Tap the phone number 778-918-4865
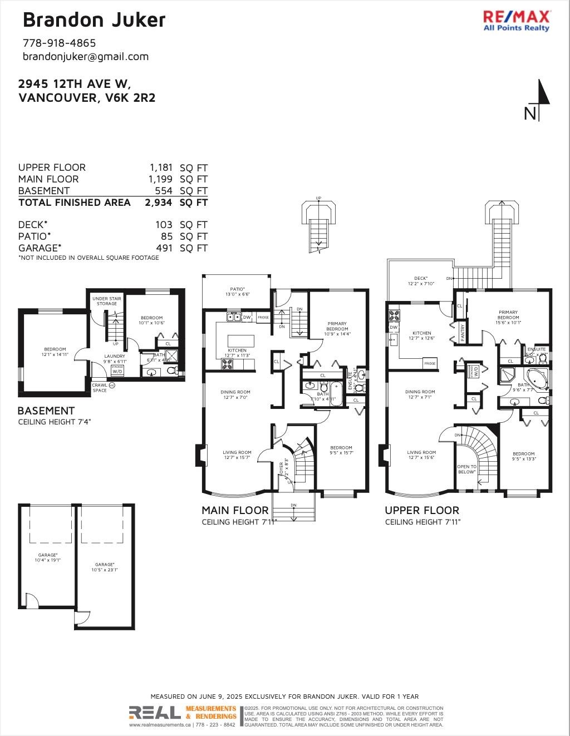click(x=59, y=43)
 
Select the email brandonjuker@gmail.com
click(x=86, y=56)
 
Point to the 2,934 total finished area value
click(x=159, y=202)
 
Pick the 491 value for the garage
click(x=164, y=248)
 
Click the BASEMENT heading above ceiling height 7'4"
click(x=46, y=411)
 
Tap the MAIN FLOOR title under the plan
click(x=235, y=510)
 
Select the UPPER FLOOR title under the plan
click(x=422, y=510)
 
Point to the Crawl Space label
click(x=100, y=388)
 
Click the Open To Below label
click(x=466, y=469)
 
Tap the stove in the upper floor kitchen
click(x=394, y=315)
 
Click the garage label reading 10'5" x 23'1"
click(x=105, y=567)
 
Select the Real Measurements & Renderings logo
click(x=183, y=713)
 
